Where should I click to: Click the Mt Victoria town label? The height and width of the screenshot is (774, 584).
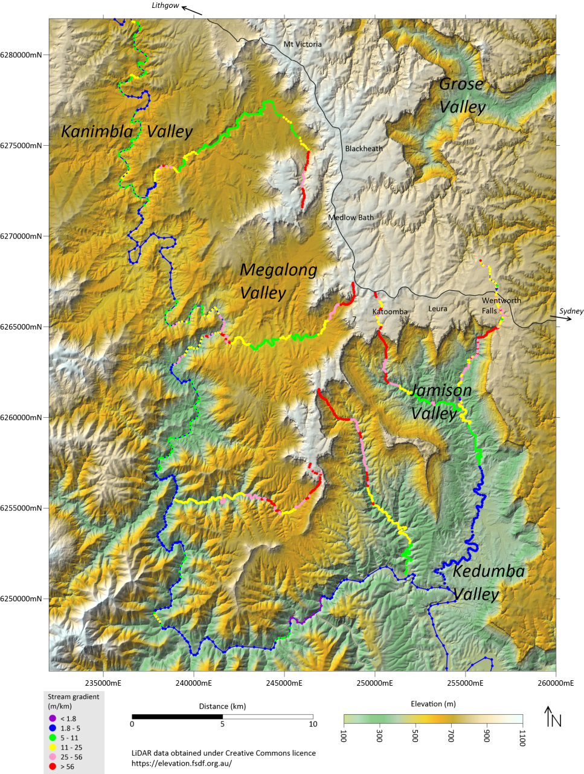[x=303, y=44]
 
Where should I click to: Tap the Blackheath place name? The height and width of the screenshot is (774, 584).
[x=364, y=149]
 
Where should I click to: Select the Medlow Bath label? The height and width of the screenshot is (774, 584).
[x=351, y=218]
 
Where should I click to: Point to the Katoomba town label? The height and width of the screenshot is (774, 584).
[x=390, y=312]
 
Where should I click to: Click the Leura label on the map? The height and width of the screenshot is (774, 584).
[x=438, y=309]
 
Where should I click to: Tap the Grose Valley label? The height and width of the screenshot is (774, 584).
[x=462, y=96]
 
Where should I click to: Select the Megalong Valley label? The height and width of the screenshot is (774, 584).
[x=278, y=281]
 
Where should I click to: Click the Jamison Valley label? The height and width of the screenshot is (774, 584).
[x=441, y=402]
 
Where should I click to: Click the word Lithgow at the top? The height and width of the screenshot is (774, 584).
[x=165, y=5]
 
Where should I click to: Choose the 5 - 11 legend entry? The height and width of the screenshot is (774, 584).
[x=69, y=738]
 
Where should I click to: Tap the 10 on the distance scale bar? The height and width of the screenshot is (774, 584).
[x=313, y=724]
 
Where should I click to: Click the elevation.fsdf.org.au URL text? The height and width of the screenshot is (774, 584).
[x=182, y=763]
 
